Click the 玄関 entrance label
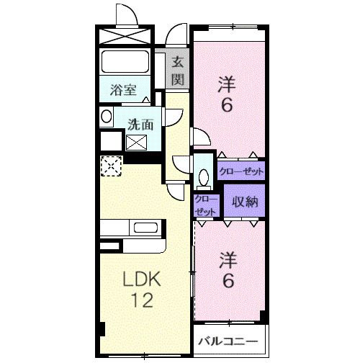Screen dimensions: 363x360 click(177, 70)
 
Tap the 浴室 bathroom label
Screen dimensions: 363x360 click(123, 91)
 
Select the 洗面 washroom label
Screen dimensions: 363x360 click(140, 124)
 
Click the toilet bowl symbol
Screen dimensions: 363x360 click(204, 176)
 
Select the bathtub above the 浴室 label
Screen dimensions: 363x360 click(124, 63)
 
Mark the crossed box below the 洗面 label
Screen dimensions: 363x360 click(136, 142)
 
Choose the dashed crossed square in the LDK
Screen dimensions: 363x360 click(110, 166)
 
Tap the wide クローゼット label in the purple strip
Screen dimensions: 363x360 click(241, 171)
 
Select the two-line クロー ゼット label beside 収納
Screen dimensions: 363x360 click(206, 205)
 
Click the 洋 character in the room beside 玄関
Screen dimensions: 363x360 click(227, 84)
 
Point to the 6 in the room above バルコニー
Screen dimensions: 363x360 click(227, 280)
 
